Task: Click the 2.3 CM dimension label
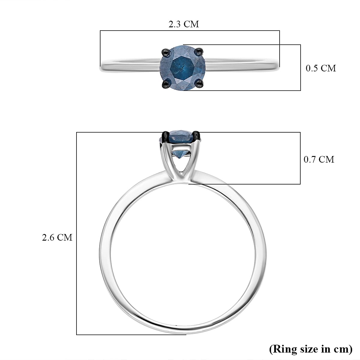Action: coord(184,24)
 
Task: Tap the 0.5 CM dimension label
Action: coord(321,68)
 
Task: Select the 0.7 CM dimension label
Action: coord(319,159)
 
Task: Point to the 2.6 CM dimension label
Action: coord(57,238)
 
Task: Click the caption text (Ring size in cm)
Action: coord(311,349)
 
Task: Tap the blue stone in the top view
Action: coord(182,67)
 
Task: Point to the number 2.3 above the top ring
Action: coord(175,24)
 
